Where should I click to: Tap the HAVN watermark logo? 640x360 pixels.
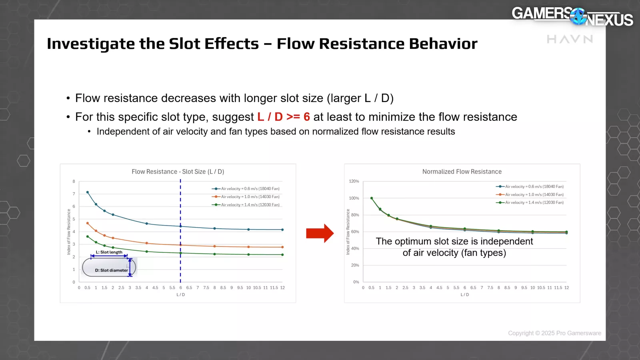[570, 39]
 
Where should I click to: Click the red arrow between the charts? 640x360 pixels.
[320, 233]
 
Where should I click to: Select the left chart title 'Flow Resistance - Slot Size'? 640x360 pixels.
[178, 172]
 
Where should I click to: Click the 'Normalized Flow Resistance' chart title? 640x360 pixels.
[462, 172]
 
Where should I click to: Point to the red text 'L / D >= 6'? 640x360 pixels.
[284, 117]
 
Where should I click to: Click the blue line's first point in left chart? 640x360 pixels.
[88, 192]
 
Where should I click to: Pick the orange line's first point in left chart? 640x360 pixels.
[88, 223]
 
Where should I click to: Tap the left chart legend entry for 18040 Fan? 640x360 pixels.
[246, 189]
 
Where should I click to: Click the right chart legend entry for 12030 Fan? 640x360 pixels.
[530, 202]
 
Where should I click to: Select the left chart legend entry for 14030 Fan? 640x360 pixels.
[246, 197]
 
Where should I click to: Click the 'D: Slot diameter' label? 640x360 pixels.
[111, 270]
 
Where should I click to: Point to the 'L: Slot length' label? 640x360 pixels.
[109, 252]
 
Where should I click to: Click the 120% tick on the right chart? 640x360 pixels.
[354, 181]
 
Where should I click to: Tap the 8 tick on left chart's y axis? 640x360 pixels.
[74, 182]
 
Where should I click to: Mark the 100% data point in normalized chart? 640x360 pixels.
[372, 198]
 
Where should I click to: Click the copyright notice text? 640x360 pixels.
[554, 333]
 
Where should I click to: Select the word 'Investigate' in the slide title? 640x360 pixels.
[91, 44]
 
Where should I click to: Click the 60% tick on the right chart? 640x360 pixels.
[355, 232]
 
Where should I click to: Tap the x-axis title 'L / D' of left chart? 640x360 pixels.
[181, 295]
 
